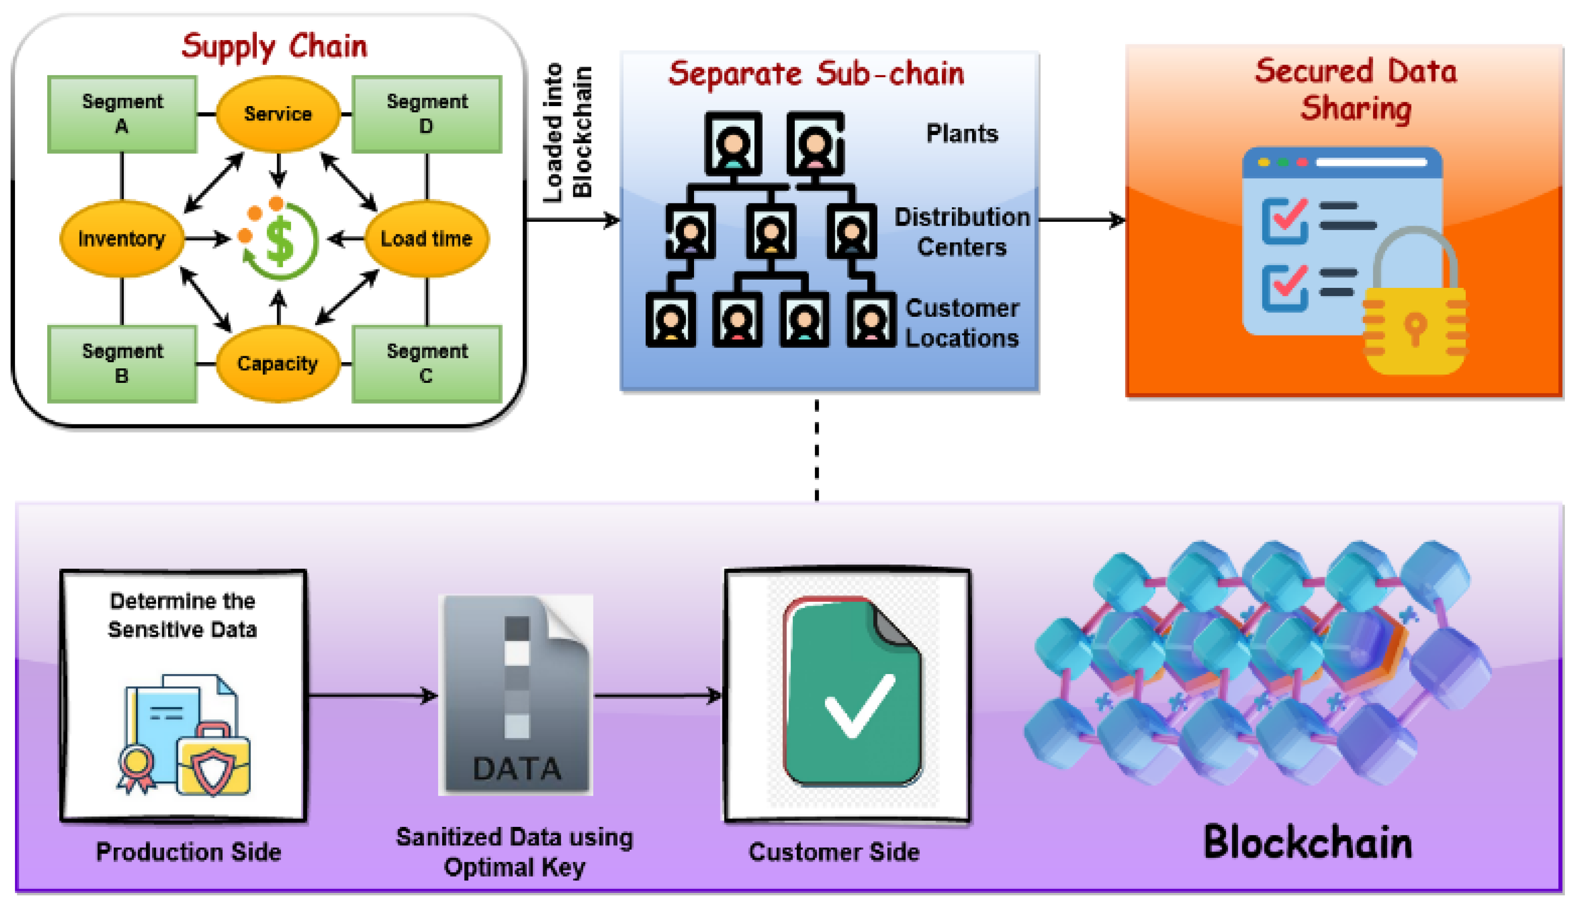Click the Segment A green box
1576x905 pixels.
coord(122,114)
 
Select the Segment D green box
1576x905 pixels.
coord(427,114)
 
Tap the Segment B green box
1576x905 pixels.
coord(122,364)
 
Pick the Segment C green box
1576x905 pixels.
coord(427,364)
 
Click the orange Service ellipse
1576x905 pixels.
coord(278,114)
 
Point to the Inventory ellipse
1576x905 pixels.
coord(122,239)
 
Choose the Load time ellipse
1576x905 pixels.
coord(426,239)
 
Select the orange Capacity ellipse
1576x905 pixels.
coord(278,364)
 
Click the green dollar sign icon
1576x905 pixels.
coord(280,241)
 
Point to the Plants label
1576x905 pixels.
coord(962,134)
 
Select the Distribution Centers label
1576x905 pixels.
coord(962,232)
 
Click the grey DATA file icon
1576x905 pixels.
coord(516,695)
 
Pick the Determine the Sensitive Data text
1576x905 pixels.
coord(183,615)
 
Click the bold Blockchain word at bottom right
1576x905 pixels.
coord(1308,843)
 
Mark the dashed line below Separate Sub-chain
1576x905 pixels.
coord(816,451)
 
